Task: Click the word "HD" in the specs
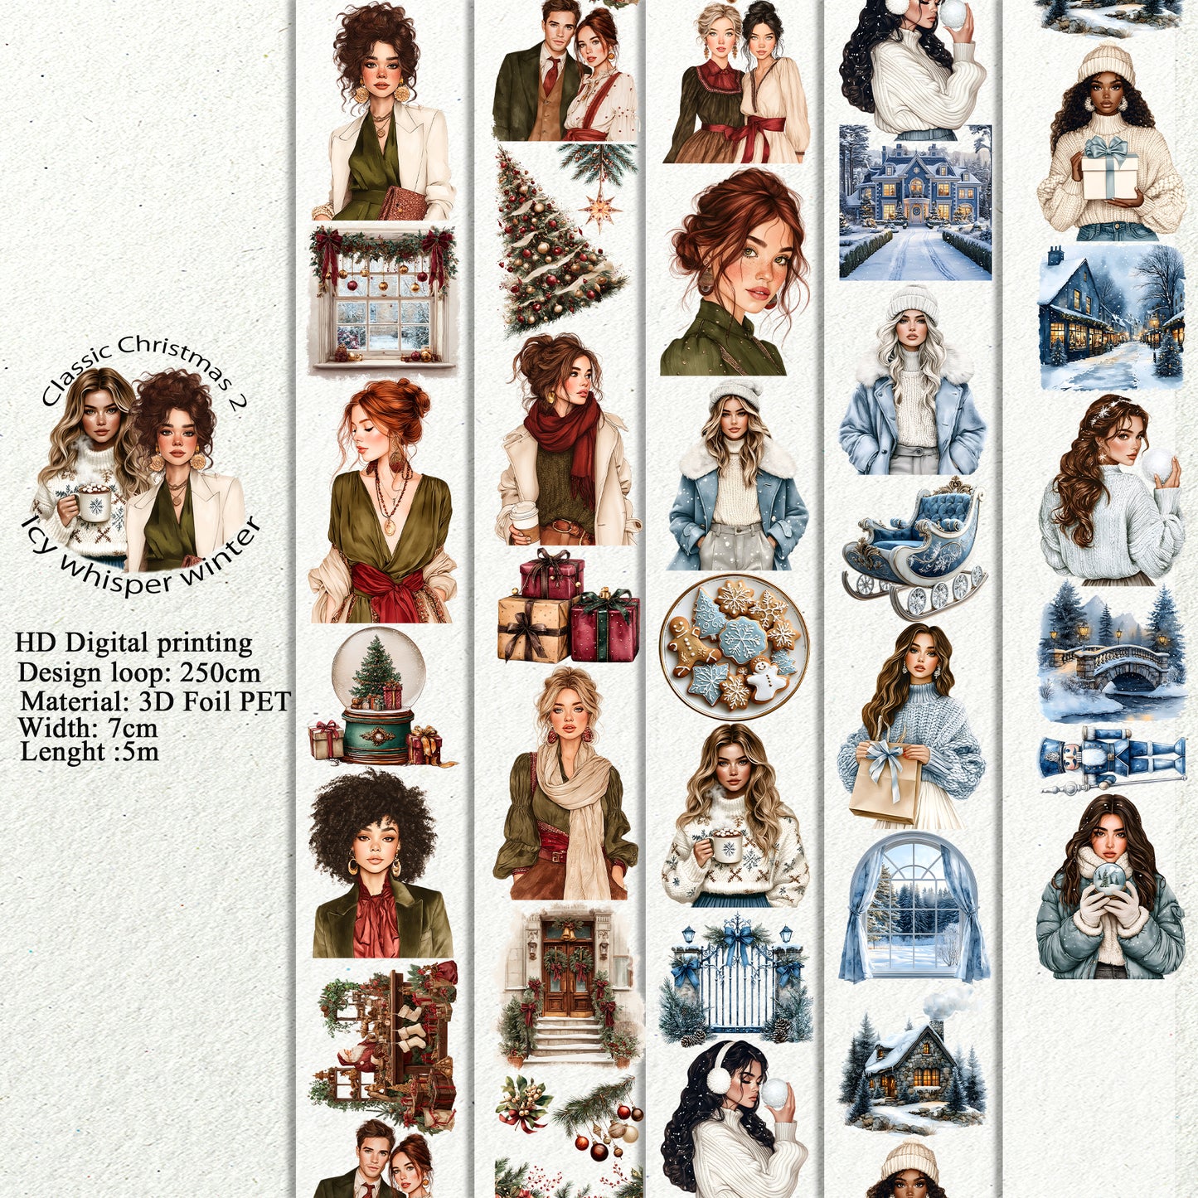click(x=36, y=643)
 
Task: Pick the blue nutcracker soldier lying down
click(x=1112, y=759)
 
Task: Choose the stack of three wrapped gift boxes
click(x=569, y=609)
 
